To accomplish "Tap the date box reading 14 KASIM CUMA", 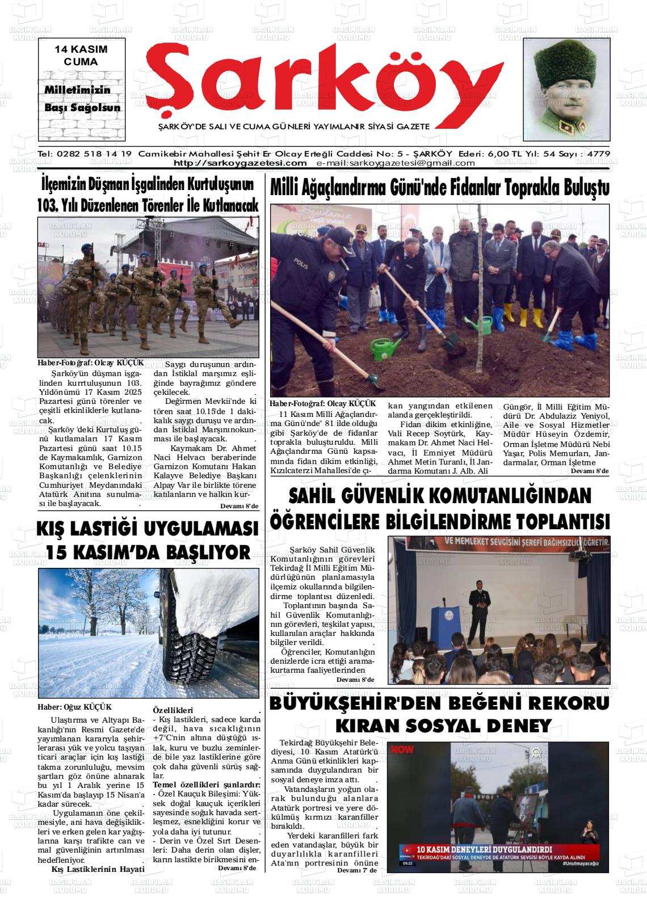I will pos(81,56).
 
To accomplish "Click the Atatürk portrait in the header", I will pos(566,89).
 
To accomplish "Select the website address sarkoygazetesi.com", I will pos(240,163).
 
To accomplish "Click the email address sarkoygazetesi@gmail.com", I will pos(396,163).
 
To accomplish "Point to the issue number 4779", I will pos(599,154).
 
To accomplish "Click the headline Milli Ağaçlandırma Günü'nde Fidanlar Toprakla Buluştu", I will pos(439,188).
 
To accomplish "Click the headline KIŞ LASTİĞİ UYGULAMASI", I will pos(148,529).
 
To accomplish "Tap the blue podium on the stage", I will pos(444,623).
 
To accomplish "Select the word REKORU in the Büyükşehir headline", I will pos(560,704).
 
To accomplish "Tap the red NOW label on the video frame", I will pos(402,749).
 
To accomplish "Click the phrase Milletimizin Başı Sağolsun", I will pos(82,99).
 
